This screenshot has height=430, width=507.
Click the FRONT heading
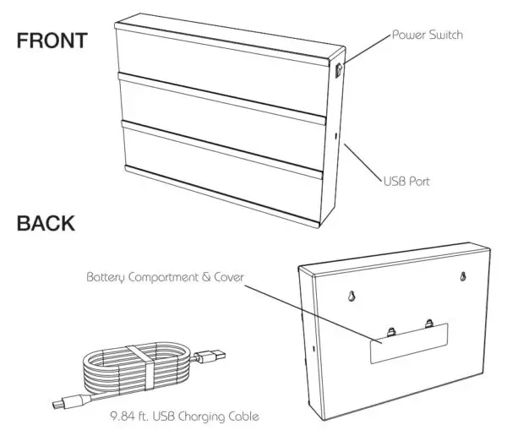point(52,41)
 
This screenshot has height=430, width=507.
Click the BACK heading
point(45,224)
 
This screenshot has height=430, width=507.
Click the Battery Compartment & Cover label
point(165,275)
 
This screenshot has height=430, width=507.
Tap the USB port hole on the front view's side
point(337,135)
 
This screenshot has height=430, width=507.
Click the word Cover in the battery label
point(227,275)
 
